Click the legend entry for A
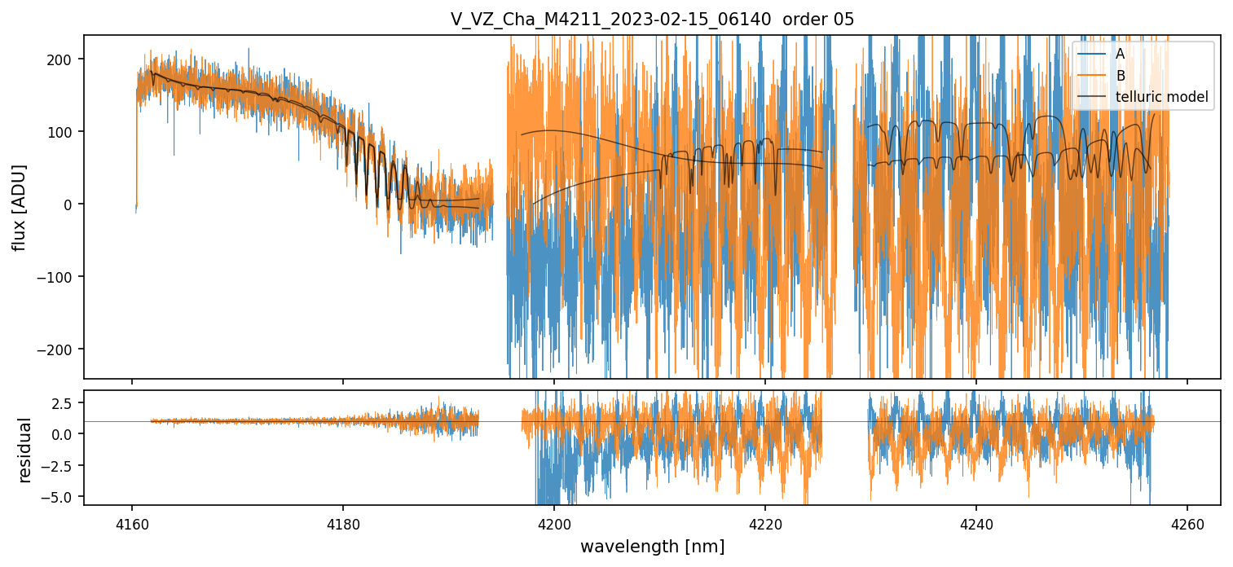coord(1120,54)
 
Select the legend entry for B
coord(1120,76)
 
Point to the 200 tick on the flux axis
coord(61,59)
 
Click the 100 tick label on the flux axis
coord(61,132)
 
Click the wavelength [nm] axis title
coord(652,546)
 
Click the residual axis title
coord(24,450)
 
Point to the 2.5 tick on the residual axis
coord(64,403)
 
